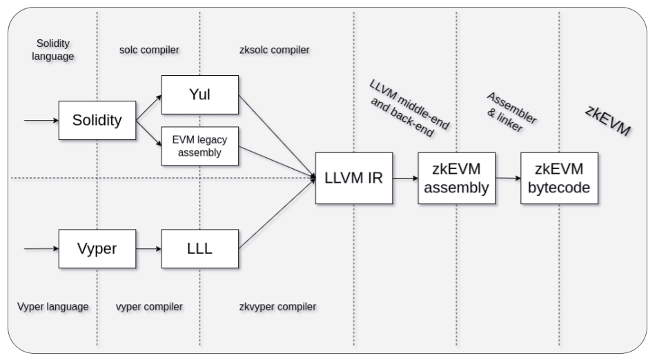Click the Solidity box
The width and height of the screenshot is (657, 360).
(x=97, y=120)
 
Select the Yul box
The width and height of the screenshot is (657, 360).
(x=199, y=94)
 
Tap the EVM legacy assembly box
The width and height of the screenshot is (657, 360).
(x=199, y=146)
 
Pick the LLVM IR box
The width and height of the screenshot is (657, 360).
(x=353, y=178)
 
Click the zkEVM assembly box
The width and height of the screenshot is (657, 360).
(x=456, y=178)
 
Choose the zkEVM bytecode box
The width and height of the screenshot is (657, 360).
(x=559, y=178)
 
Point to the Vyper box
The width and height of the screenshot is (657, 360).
(x=97, y=248)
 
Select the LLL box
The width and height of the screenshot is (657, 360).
(x=199, y=248)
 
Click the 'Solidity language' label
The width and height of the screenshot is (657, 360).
(x=53, y=50)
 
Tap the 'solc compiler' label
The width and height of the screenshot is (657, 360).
(x=149, y=50)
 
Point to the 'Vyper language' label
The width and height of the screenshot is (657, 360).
(x=53, y=306)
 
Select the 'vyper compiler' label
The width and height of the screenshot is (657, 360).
(x=149, y=306)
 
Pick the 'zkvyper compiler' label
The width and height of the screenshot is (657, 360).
(x=277, y=306)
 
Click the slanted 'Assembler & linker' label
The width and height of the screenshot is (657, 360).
(x=510, y=112)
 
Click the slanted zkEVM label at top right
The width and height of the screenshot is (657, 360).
(x=608, y=120)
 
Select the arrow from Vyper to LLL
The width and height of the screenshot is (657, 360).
(x=148, y=248)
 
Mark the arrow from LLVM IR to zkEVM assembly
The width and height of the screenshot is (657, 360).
(x=405, y=178)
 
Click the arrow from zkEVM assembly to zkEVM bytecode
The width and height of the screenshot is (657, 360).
(x=508, y=178)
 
